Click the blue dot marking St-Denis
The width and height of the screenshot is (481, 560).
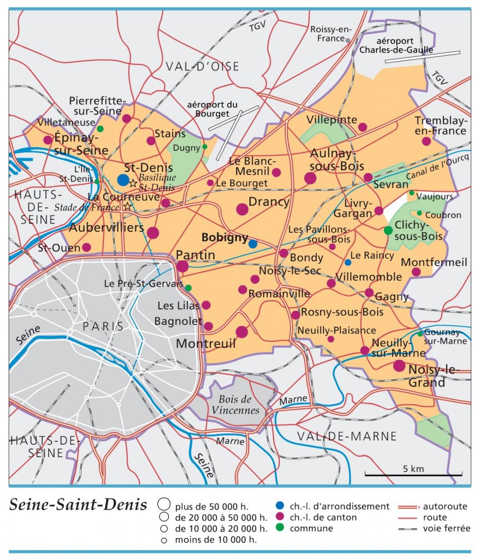point(124,180)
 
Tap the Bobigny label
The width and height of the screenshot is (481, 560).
point(225,237)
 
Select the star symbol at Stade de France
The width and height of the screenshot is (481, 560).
point(128,206)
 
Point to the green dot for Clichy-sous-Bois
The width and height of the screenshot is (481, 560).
point(388,230)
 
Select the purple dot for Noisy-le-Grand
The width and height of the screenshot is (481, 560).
point(399,365)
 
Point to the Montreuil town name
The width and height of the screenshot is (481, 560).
point(206,343)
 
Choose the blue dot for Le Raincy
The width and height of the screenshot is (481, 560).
point(348,262)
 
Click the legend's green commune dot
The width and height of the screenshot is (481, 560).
point(280,528)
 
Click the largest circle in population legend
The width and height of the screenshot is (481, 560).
point(162,505)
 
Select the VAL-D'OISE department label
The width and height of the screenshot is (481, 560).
point(203,67)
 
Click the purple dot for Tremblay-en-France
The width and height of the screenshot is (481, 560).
point(426,141)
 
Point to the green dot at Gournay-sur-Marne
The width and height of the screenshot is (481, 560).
point(420,334)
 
